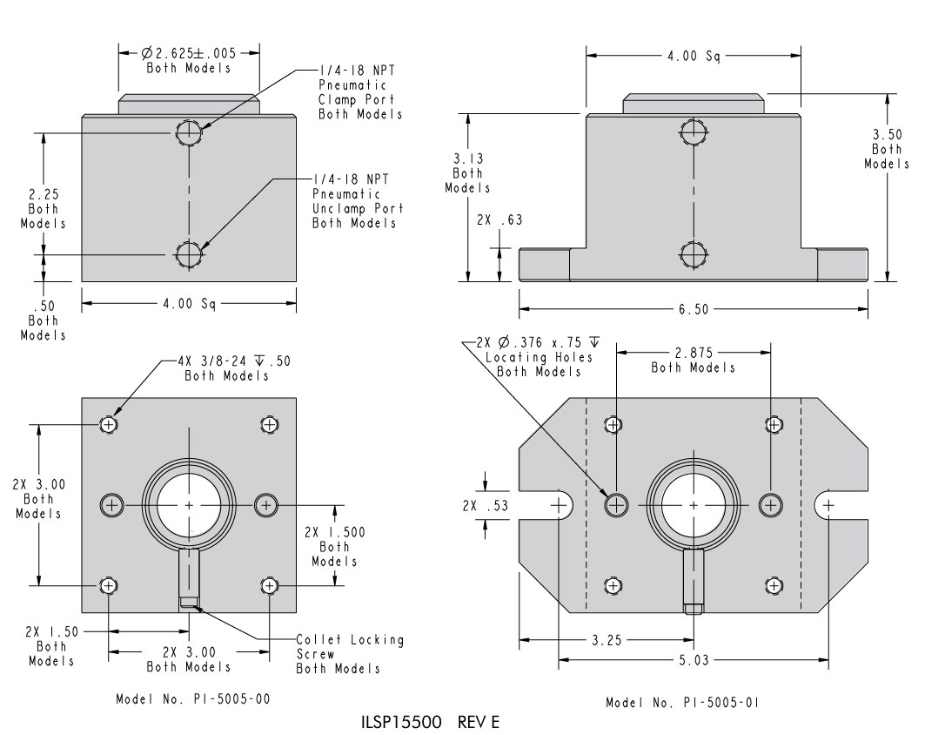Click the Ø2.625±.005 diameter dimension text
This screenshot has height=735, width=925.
pyautogui.click(x=190, y=53)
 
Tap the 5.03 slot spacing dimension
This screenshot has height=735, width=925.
pyautogui.click(x=693, y=659)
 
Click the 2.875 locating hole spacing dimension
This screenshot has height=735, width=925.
pyautogui.click(x=693, y=353)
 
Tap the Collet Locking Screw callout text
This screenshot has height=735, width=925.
pyautogui.click(x=350, y=654)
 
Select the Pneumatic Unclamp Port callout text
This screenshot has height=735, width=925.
pyautogui.click(x=357, y=200)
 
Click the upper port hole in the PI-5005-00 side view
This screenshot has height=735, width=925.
pyautogui.click(x=189, y=132)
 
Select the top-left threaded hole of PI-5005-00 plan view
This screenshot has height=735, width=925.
pyautogui.click(x=109, y=424)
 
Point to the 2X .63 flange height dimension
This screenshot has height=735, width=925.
pyautogui.click(x=499, y=219)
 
